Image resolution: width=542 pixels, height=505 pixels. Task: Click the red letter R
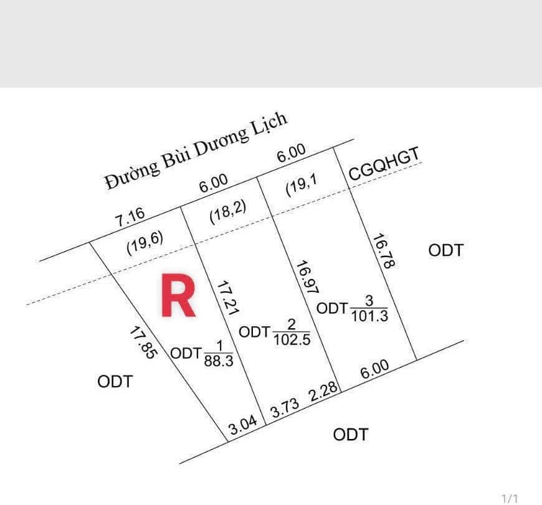(178, 295)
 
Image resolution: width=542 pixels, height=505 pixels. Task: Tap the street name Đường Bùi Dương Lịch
(196, 151)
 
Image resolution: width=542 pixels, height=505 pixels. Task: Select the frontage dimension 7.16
(130, 217)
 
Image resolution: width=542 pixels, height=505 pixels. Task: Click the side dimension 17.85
(143, 343)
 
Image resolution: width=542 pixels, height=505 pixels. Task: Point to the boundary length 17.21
(227, 298)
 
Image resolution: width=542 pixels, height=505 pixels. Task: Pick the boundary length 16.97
(307, 277)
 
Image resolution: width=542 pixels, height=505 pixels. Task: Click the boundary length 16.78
(384, 251)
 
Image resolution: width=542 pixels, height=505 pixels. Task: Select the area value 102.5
(292, 339)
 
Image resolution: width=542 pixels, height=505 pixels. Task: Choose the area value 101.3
(369, 316)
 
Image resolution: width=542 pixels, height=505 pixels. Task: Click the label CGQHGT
(384, 163)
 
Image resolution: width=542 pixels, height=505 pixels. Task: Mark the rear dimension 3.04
(244, 425)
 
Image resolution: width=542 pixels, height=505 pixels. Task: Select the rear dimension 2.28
(323, 391)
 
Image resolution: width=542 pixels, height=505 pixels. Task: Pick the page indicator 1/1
(510, 498)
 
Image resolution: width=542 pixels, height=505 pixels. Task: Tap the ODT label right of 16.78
(445, 250)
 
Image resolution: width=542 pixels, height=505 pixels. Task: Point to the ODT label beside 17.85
(115, 382)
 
